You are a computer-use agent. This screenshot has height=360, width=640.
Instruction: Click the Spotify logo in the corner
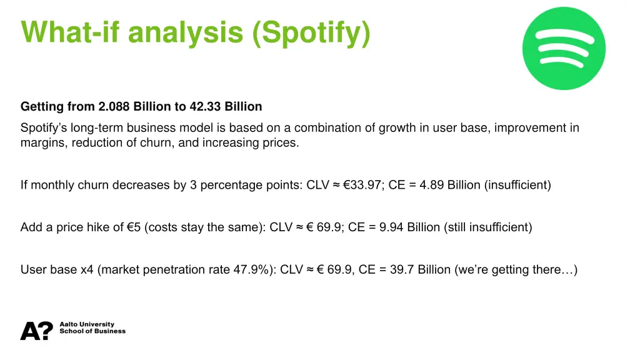(x=564, y=49)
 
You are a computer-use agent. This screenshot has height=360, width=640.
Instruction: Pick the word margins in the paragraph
(x=41, y=142)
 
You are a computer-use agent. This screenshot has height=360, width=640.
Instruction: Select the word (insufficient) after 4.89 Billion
(x=517, y=185)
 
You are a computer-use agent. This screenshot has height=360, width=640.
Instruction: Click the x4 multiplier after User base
(x=87, y=270)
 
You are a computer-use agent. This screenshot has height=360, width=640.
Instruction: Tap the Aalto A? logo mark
(x=37, y=331)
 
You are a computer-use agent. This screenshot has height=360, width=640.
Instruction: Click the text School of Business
(x=92, y=331)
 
